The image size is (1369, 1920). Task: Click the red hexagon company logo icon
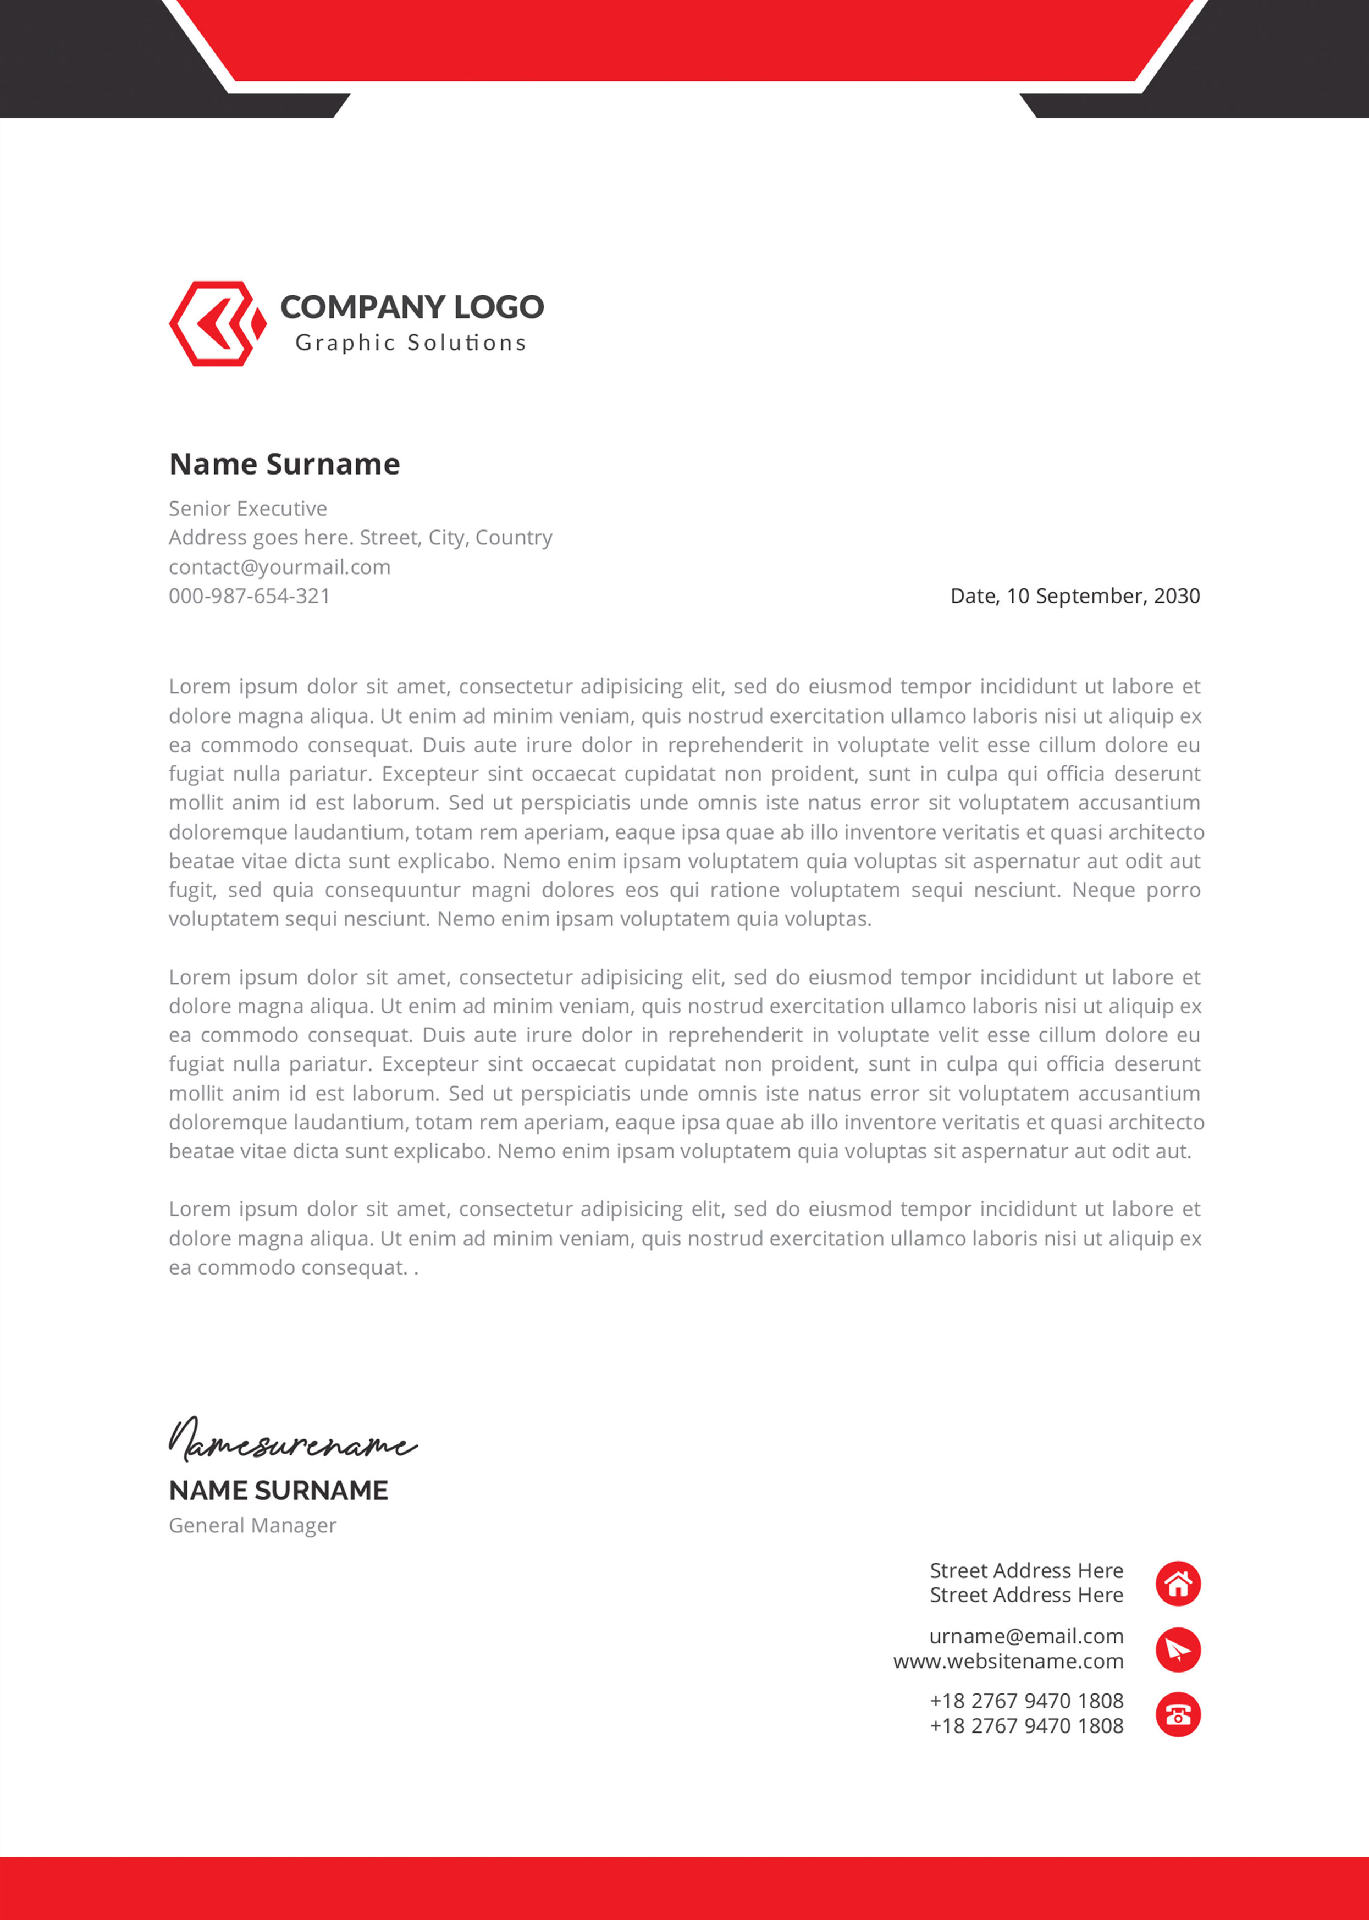point(216,324)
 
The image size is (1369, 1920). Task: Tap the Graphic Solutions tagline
point(411,343)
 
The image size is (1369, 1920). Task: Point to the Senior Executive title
point(248,508)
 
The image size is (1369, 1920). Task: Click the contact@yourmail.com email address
point(279,566)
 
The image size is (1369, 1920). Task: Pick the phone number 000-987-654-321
point(250,596)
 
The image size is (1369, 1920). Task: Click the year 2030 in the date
point(1176,596)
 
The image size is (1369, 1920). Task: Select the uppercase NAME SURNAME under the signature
point(278,1490)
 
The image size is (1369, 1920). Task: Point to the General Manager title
point(252,1526)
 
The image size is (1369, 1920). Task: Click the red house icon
point(1178,1584)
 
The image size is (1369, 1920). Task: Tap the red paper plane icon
point(1178,1649)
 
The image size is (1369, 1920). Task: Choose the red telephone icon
point(1178,1714)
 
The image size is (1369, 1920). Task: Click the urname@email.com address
point(1026,1636)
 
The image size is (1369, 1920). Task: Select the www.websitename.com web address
point(1008,1661)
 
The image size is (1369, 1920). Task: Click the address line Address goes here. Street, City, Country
point(360,538)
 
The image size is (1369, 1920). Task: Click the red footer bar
point(684,1888)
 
